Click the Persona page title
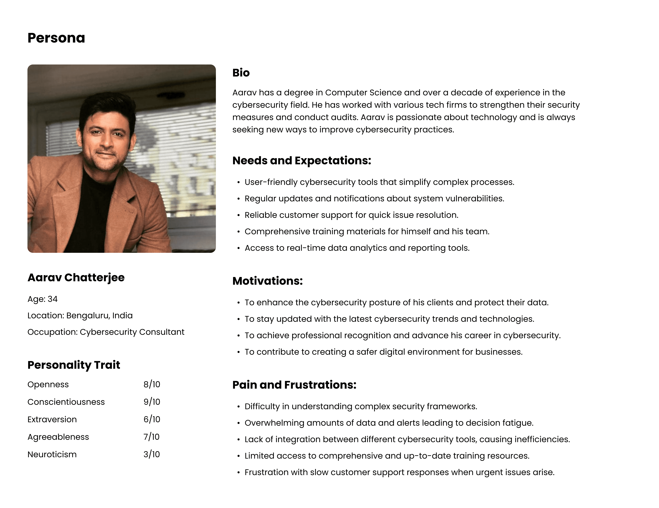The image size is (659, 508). [56, 38]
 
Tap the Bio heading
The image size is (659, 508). [241, 73]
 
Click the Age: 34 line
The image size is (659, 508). [43, 299]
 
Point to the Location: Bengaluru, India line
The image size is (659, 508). [80, 315]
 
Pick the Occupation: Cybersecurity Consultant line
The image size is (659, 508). [106, 332]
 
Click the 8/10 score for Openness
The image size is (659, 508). [152, 384]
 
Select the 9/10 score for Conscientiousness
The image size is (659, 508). [152, 402]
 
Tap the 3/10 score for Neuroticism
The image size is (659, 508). [152, 454]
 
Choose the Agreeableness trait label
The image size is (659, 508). [58, 437]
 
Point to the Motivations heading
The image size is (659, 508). [267, 281]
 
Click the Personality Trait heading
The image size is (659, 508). [74, 365]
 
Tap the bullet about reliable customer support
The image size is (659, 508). [351, 215]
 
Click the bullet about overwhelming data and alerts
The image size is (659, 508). [389, 423]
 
